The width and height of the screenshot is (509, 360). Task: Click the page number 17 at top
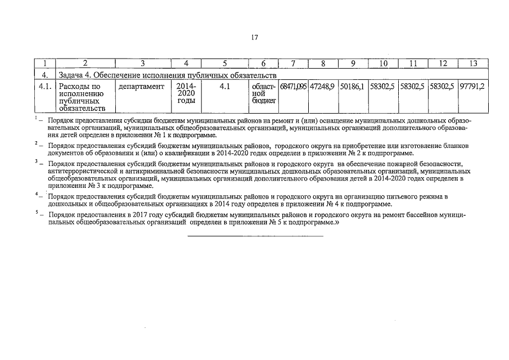point(254,38)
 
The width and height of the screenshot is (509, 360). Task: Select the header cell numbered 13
point(473,64)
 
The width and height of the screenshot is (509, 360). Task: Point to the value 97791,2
point(472,87)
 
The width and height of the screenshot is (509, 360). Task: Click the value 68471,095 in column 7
point(292,87)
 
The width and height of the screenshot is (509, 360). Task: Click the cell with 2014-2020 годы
point(186,93)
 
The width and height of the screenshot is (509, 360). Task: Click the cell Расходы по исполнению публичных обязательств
point(82,97)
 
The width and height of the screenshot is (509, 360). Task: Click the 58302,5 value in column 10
point(382,87)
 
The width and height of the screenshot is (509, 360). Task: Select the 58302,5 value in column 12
point(443,87)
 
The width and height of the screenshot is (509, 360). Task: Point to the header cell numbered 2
point(85,64)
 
